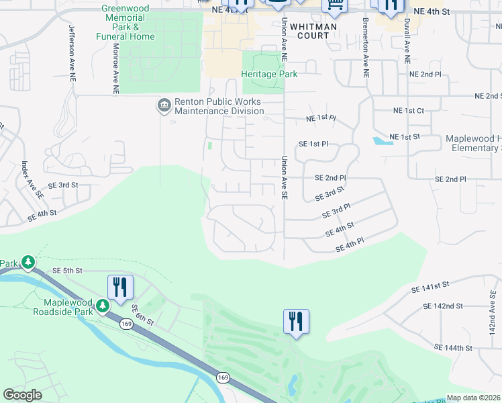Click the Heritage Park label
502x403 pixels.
coord(269,75)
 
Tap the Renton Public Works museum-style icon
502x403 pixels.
coord(163,105)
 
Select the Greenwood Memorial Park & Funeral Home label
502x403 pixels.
coord(128,22)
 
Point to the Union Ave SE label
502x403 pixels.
coord(285,177)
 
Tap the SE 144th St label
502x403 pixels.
coord(454,348)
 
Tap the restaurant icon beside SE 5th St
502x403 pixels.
coord(120,287)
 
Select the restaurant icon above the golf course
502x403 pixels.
coord(296,321)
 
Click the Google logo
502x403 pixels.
coord(23,395)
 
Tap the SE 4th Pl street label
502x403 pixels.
coord(349,247)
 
